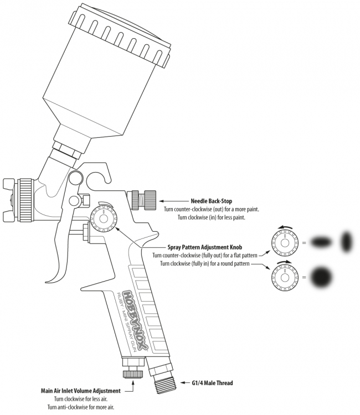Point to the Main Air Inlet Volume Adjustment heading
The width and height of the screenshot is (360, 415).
pos(80,391)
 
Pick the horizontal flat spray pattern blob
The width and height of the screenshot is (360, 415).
pos(321,242)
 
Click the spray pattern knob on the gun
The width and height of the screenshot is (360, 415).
pos(102,220)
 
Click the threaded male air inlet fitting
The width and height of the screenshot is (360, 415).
pos(164,382)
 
